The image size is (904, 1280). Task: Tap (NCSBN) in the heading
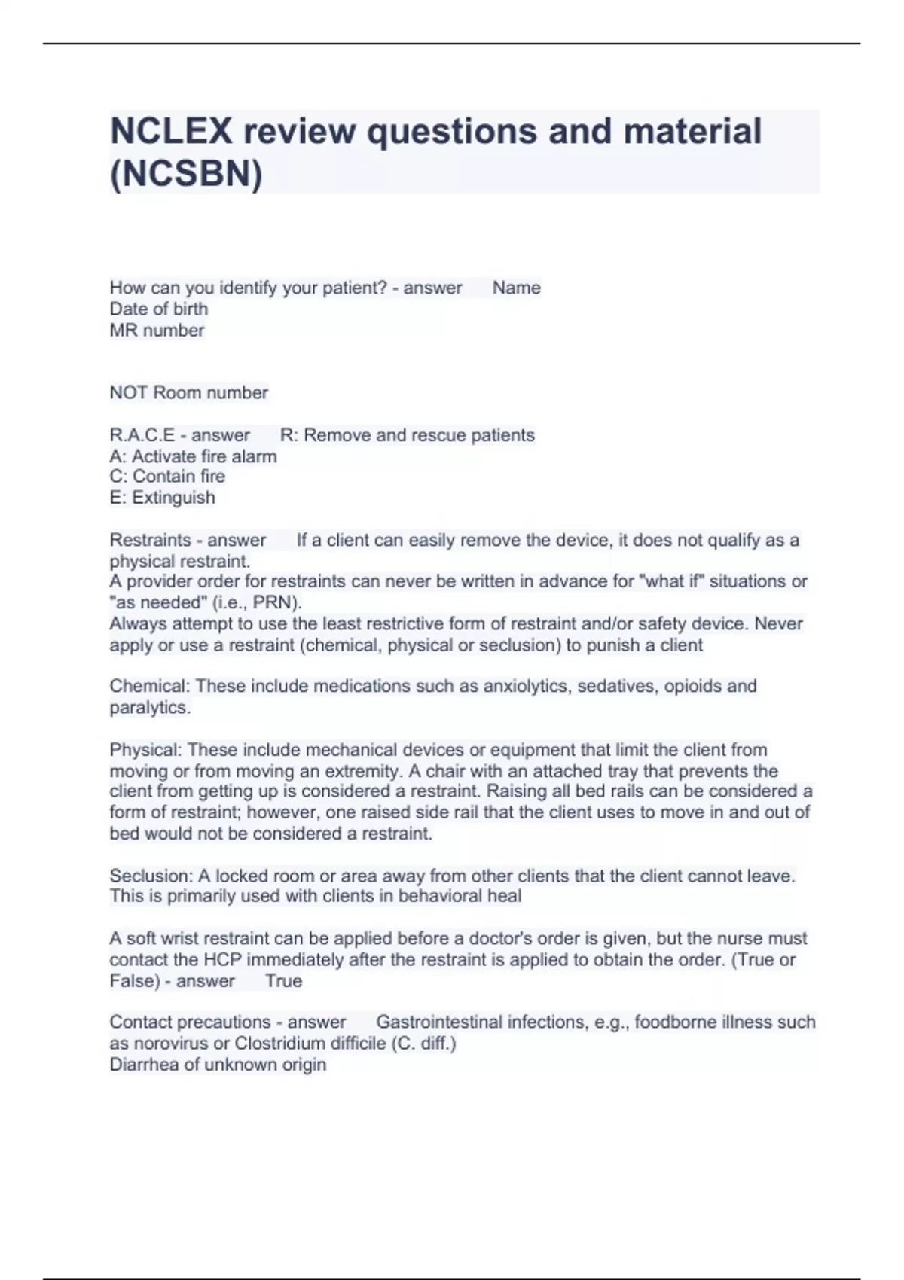click(x=186, y=174)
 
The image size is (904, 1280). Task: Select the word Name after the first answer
click(x=516, y=288)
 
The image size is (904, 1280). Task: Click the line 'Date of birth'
click(x=158, y=309)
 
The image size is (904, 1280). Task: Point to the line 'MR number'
click(x=157, y=331)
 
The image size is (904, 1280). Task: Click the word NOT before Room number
click(x=129, y=393)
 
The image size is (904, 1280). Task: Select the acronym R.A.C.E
click(x=142, y=435)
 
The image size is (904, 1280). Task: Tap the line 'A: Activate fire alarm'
click(x=193, y=456)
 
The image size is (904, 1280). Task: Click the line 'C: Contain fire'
click(x=167, y=477)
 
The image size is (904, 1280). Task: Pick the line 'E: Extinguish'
click(x=162, y=498)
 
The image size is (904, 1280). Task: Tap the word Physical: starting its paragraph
click(x=145, y=750)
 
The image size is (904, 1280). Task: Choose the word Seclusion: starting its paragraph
click(x=151, y=876)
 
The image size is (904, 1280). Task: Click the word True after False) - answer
click(x=283, y=981)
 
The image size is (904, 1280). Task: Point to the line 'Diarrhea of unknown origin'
click(x=218, y=1065)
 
